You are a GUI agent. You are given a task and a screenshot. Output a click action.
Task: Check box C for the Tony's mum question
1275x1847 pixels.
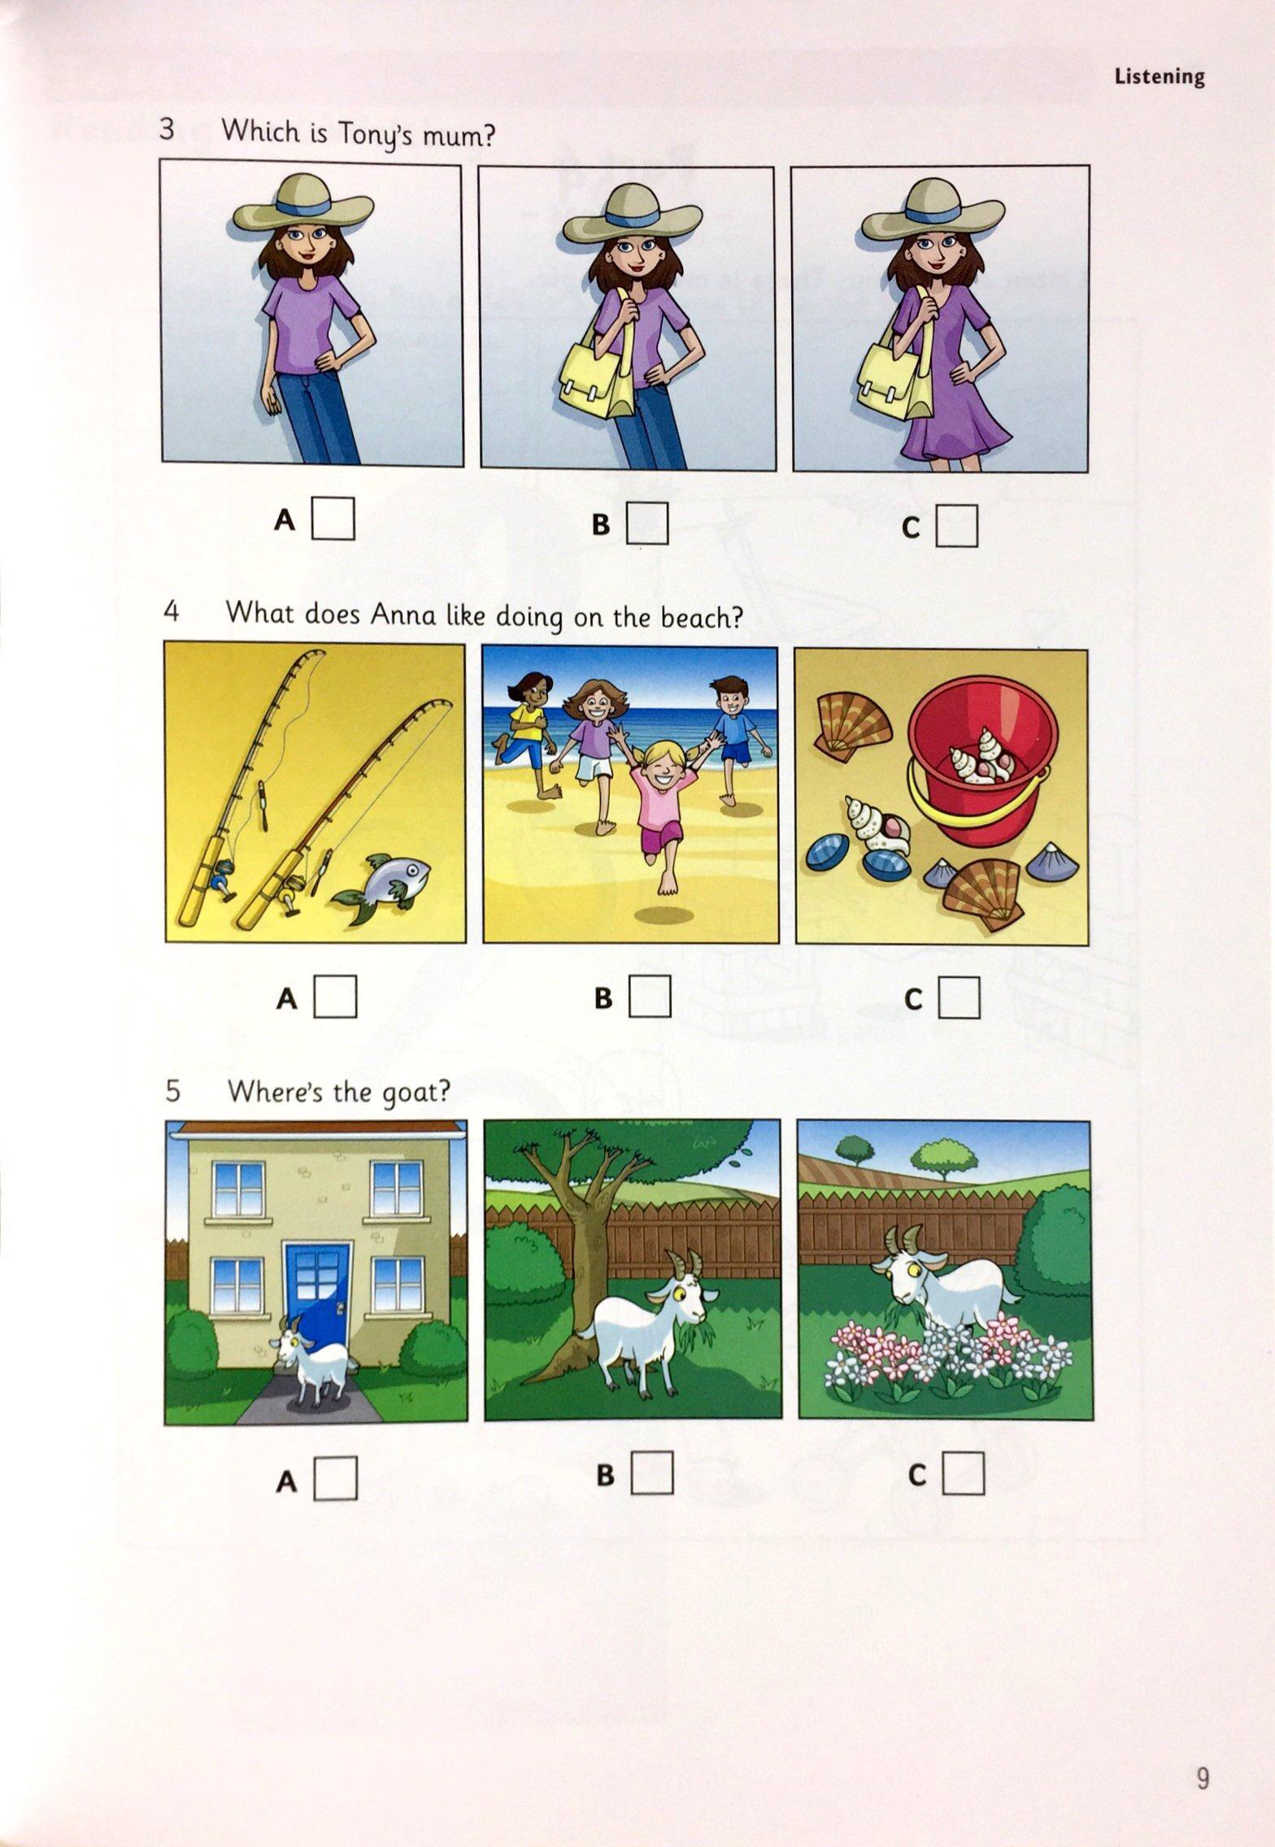[x=956, y=526]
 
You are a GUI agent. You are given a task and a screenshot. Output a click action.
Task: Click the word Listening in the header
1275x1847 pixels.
[x=1160, y=76]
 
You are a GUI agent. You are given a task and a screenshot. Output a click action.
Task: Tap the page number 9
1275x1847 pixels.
[x=1203, y=1750]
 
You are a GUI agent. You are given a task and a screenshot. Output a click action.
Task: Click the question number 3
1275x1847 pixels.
[x=168, y=128]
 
